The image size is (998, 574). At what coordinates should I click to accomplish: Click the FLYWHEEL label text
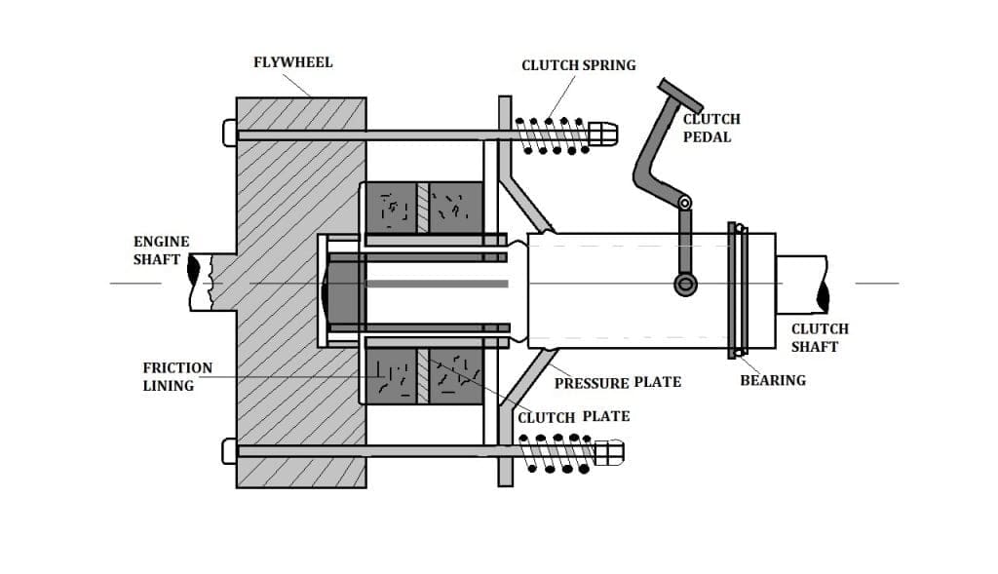point(292,62)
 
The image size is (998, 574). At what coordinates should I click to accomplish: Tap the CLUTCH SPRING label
point(578,65)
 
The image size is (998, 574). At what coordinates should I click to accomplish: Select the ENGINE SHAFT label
point(161,250)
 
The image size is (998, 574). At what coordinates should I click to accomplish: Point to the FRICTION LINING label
point(176,376)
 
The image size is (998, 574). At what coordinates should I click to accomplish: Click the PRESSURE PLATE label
point(617,382)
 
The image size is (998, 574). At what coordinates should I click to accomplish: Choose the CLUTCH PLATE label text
point(573,416)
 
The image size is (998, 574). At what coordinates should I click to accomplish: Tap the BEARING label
point(773,380)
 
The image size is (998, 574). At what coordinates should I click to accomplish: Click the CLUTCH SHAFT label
point(819,337)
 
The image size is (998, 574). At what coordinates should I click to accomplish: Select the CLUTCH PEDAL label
point(711,128)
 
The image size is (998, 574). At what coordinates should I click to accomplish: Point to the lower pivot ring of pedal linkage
point(685,284)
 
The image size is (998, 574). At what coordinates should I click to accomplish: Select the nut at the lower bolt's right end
point(609,452)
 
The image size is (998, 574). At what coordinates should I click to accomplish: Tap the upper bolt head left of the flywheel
point(230,133)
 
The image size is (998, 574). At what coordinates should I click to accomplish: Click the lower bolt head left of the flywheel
point(230,451)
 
